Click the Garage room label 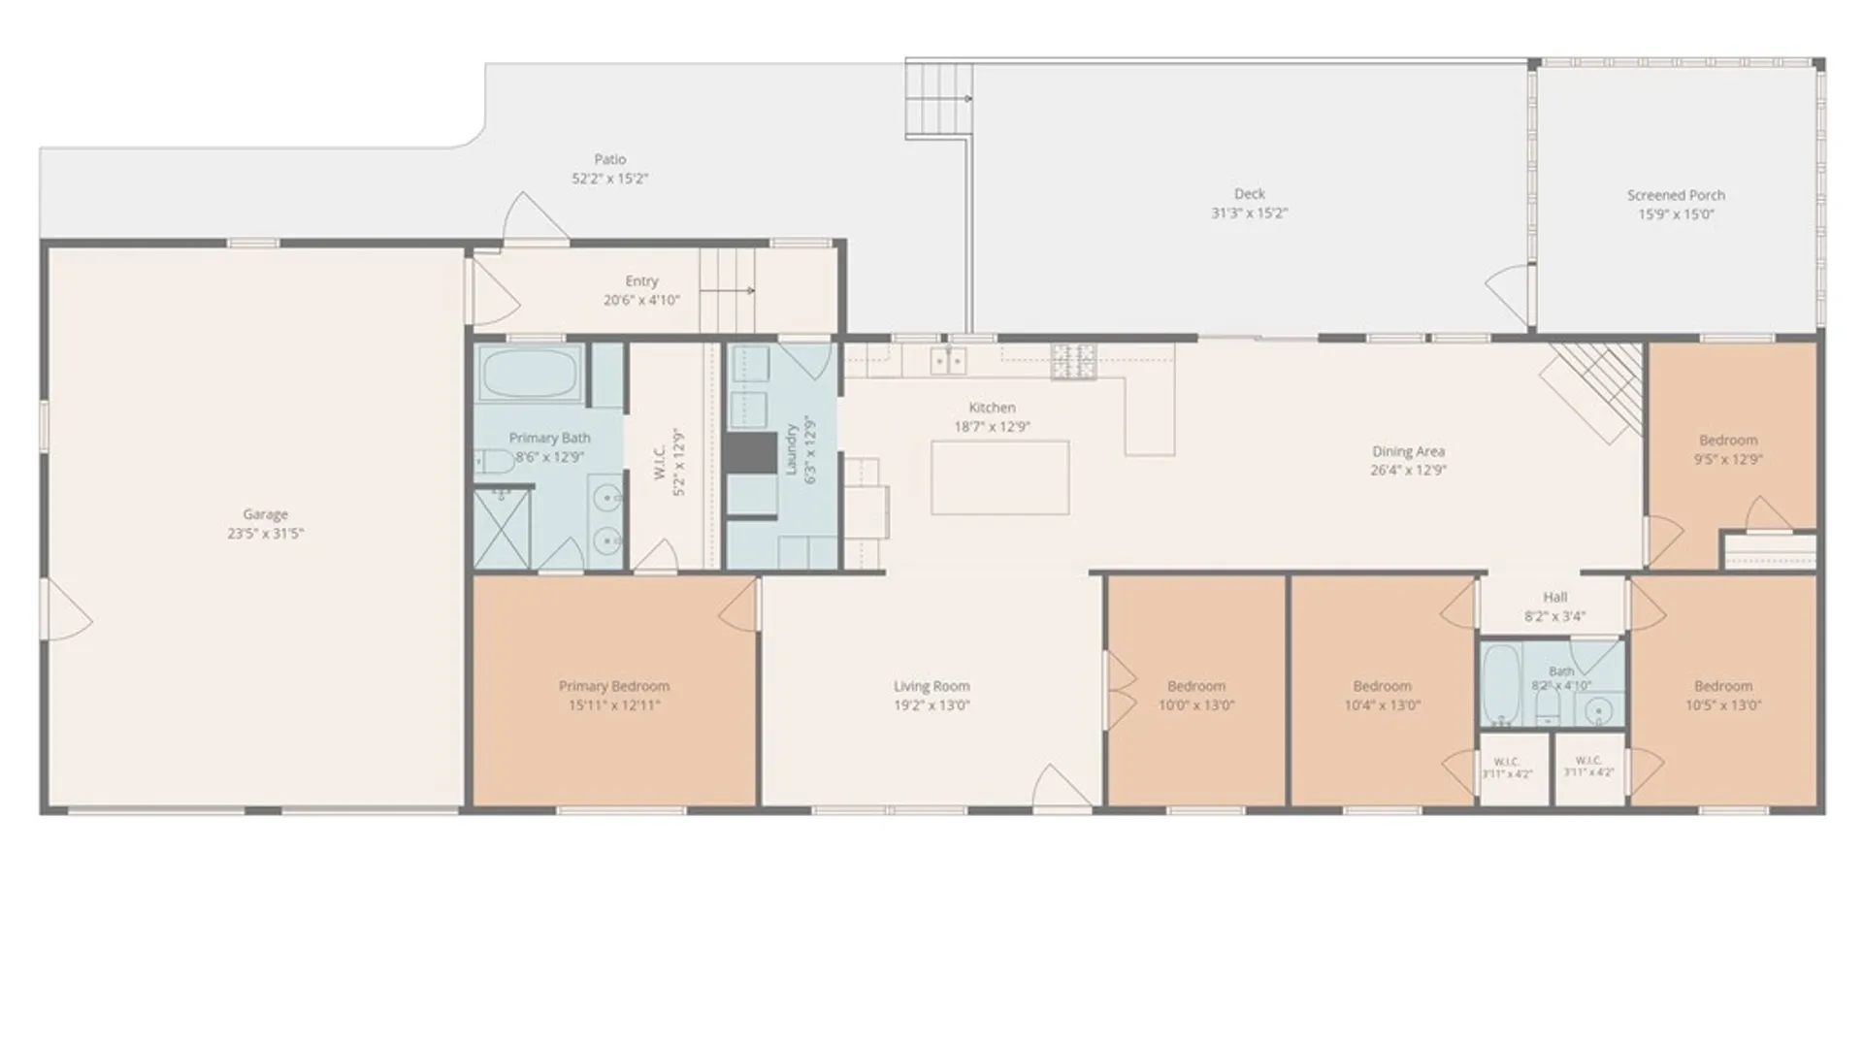[x=265, y=514]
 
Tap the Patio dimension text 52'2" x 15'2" [x=609, y=179]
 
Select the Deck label [x=1249, y=194]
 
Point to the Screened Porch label [x=1676, y=195]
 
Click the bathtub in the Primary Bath [x=530, y=372]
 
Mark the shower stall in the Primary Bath [x=502, y=529]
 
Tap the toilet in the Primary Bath [x=495, y=462]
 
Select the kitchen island [x=1000, y=477]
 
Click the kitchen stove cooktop [x=1073, y=361]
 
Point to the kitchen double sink [x=948, y=361]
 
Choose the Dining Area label [x=1408, y=451]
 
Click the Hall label [x=1554, y=598]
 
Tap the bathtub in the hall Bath [x=1501, y=685]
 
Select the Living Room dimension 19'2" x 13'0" [x=931, y=705]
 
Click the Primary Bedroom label [x=614, y=686]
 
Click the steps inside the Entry [x=727, y=290]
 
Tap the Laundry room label [x=792, y=448]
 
